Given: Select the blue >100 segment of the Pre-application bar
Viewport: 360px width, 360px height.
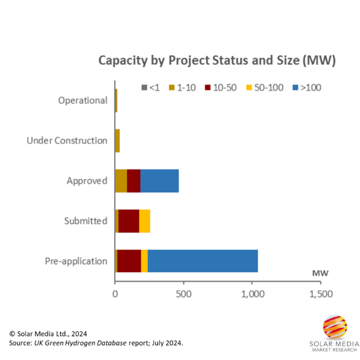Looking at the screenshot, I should coord(202,261).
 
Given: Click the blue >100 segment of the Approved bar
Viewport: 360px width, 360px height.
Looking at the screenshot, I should coord(159,180).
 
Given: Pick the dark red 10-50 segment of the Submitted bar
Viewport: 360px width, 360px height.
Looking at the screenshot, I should coord(129,220).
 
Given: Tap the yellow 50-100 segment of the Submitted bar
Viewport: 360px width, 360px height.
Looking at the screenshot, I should coord(144,220).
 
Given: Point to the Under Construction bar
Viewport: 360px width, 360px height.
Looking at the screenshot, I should coord(117,140).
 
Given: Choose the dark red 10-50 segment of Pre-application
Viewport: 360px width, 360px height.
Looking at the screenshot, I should coord(129,261).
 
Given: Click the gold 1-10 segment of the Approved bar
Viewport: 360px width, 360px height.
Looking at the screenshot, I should coord(121,180).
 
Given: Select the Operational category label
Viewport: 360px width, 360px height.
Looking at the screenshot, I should coord(83,100).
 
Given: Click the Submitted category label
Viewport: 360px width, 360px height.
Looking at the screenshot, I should coord(85,221).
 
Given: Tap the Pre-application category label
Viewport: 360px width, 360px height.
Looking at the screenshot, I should coord(76,261).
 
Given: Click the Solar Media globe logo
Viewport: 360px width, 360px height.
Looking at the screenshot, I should coord(335,327).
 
